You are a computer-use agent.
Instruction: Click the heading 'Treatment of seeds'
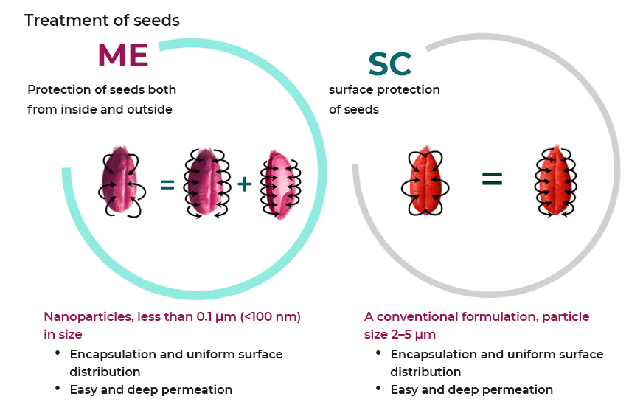coord(102,20)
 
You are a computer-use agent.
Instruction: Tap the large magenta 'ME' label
coord(123,55)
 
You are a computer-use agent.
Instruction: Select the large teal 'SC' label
coord(390,65)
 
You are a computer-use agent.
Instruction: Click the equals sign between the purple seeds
coord(167,185)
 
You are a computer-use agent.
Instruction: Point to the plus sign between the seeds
coord(244,184)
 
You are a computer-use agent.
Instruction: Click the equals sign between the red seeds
coord(492,178)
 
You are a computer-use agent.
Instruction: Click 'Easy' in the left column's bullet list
coord(85,389)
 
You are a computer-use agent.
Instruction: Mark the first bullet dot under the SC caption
coord(378,353)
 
